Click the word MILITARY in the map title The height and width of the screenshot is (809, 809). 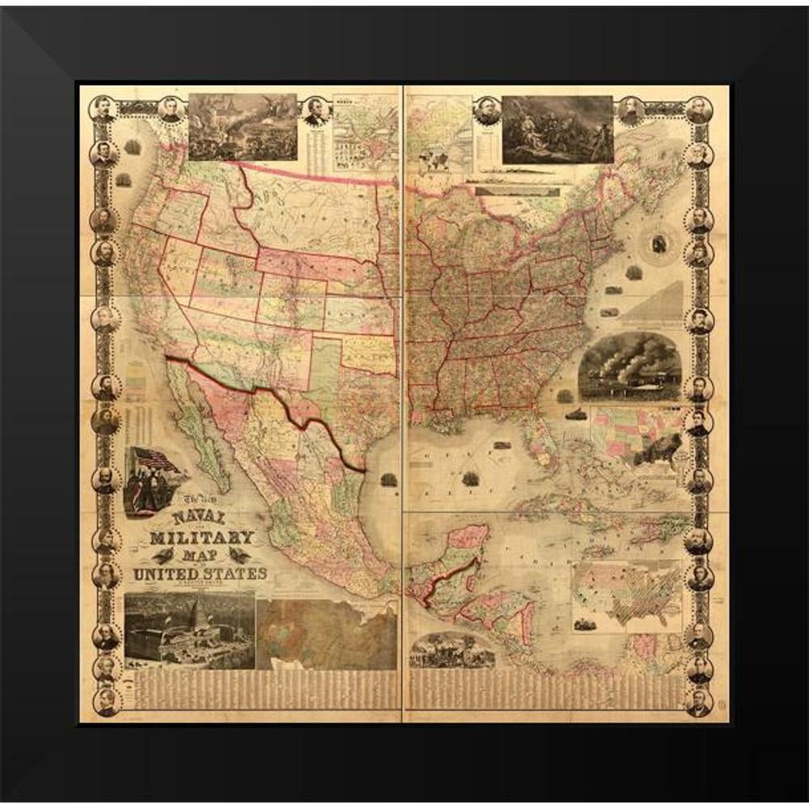(201, 537)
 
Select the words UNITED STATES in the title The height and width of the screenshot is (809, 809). (199, 574)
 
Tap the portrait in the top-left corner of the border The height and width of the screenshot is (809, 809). (103, 108)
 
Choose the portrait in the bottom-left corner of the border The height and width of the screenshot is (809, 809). (105, 700)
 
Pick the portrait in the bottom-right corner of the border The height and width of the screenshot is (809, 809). (698, 700)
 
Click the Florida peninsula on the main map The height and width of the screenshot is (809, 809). (538, 445)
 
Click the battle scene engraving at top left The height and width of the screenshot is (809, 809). (242, 126)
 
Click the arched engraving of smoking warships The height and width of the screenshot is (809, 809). (629, 366)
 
